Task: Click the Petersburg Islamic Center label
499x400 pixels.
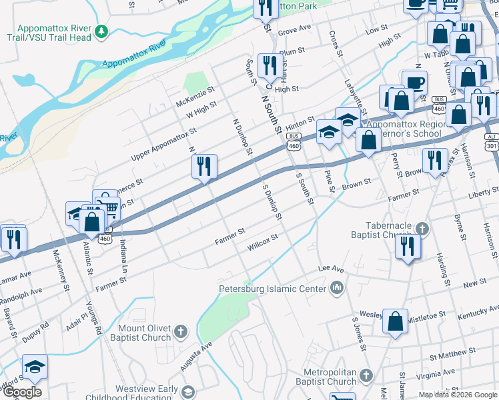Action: [273, 289]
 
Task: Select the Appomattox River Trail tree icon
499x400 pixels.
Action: [101, 31]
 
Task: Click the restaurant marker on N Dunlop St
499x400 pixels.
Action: [204, 167]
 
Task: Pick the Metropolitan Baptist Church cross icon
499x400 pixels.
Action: [366, 376]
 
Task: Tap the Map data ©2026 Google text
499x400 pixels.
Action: [458, 395]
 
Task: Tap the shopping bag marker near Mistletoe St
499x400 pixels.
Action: [396, 321]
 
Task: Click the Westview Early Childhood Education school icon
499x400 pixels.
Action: [189, 392]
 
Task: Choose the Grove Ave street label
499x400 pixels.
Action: [295, 29]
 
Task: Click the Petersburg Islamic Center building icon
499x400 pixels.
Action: [337, 288]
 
